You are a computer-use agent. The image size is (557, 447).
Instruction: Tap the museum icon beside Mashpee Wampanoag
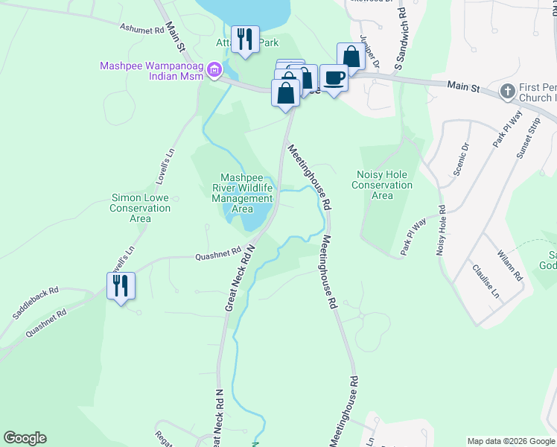coord(215,72)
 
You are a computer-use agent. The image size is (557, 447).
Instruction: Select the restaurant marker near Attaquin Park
coord(244,39)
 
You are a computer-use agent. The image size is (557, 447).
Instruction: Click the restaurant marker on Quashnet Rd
coord(121,285)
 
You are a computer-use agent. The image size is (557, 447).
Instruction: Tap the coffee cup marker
coord(334,77)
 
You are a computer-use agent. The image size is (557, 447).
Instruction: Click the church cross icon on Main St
coord(507,91)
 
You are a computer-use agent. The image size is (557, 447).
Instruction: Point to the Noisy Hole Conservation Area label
coord(382,185)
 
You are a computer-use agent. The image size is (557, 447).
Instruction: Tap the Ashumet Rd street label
coord(141,29)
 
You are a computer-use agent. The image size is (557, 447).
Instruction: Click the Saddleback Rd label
coord(45,301)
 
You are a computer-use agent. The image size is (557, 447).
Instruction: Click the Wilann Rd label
coord(512,265)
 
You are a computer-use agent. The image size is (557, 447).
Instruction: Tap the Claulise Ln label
coord(486,280)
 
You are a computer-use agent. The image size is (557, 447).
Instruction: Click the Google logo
coord(25,438)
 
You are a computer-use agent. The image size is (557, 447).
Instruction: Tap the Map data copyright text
coord(510,440)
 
